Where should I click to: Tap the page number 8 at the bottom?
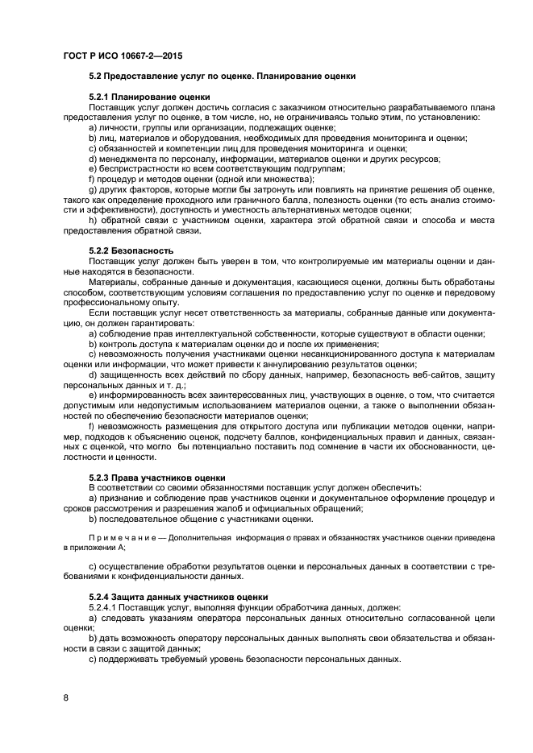[x=65, y=697]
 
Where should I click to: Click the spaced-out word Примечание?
[x=120, y=536]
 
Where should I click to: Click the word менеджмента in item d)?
[x=124, y=159]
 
